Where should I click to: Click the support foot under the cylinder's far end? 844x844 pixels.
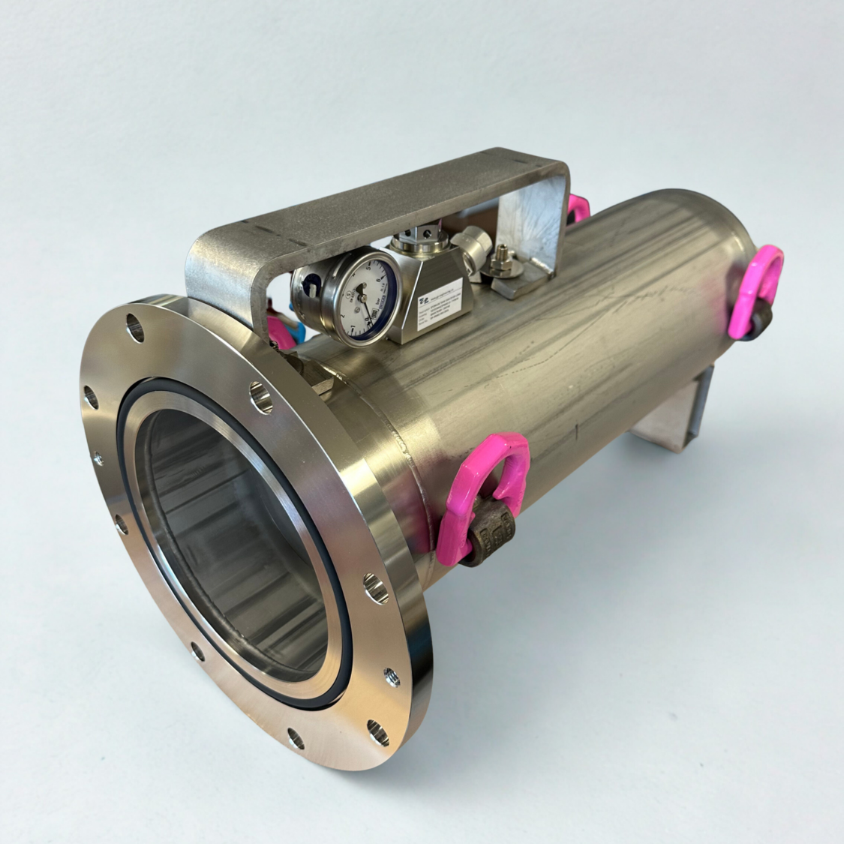(x=671, y=420)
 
